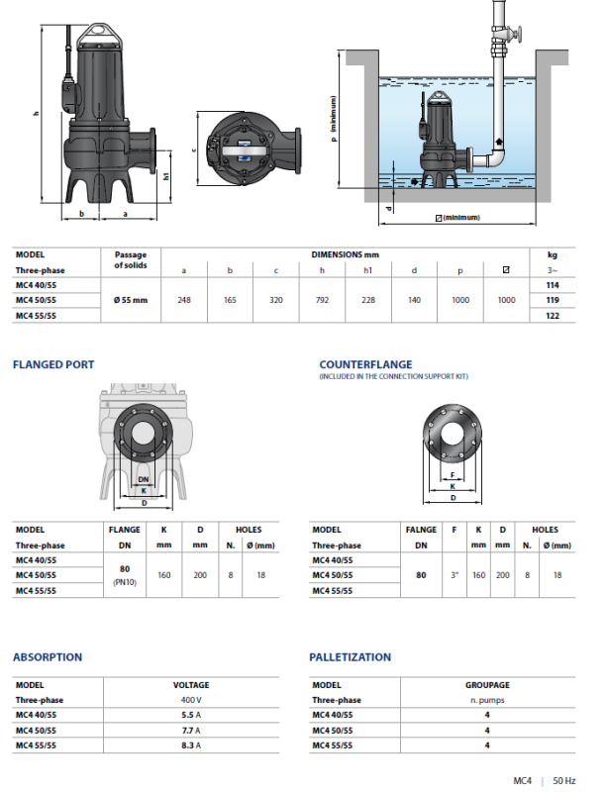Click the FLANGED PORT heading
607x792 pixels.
click(53, 364)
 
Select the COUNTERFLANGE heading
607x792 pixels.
click(365, 364)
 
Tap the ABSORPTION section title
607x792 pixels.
click(48, 656)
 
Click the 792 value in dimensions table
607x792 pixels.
click(322, 299)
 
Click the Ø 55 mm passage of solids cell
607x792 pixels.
click(131, 299)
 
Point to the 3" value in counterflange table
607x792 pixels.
click(453, 573)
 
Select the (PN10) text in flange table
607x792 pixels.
click(124, 583)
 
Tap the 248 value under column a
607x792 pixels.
click(183, 299)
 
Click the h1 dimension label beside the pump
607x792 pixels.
click(167, 176)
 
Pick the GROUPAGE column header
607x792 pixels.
click(487, 684)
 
